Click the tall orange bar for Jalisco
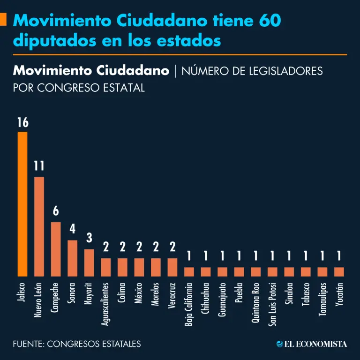(x=22, y=204)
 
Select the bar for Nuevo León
(x=39, y=226)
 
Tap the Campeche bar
(x=56, y=249)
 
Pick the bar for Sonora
(x=73, y=258)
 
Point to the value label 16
(x=22, y=123)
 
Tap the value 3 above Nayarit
(x=89, y=239)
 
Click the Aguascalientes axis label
(x=106, y=303)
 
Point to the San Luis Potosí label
(x=272, y=304)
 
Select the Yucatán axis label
(x=339, y=295)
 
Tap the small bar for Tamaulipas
(x=322, y=272)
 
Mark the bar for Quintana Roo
(x=256, y=272)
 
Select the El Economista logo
(x=312, y=344)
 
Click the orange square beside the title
(x=3, y=20)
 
